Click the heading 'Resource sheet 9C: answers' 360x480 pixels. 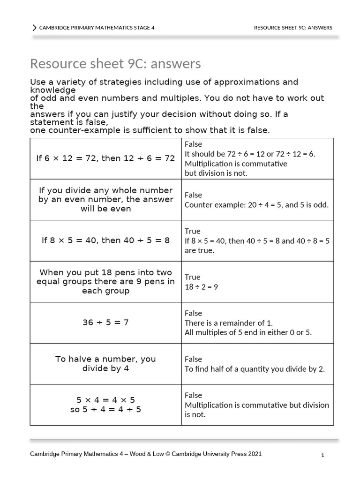pyautogui.click(x=115, y=63)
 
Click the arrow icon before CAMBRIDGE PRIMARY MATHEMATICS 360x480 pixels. pyautogui.click(x=34, y=28)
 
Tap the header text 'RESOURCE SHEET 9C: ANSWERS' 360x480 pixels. pyautogui.click(x=293, y=28)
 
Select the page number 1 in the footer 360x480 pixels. pyautogui.click(x=323, y=455)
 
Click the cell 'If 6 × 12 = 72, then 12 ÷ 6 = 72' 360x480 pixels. pyautogui.click(x=105, y=158)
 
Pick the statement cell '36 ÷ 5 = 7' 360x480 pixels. pyautogui.click(x=105, y=322)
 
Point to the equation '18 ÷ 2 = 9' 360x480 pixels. pyautogui.click(x=201, y=287)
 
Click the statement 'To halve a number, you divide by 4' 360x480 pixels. pyautogui.click(x=105, y=364)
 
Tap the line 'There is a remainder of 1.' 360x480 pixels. pyautogui.click(x=229, y=322)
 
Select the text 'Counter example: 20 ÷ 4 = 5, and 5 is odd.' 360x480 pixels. pyautogui.click(x=256, y=205)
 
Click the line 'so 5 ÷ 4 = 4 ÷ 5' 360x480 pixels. pyautogui.click(x=105, y=409)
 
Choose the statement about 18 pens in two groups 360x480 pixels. pyautogui.click(x=105, y=282)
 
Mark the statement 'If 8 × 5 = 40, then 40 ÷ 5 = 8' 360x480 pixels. pyautogui.click(x=105, y=240)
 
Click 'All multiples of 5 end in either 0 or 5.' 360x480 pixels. pyautogui.click(x=248, y=332)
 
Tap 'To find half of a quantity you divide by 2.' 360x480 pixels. pyautogui.click(x=255, y=369)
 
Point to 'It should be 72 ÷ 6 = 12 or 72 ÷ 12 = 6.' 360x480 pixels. pyautogui.click(x=250, y=154)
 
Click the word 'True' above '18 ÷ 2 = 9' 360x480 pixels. pyautogui.click(x=192, y=277)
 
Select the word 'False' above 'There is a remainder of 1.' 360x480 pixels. pyautogui.click(x=193, y=313)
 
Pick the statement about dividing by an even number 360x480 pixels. pyautogui.click(x=105, y=200)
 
